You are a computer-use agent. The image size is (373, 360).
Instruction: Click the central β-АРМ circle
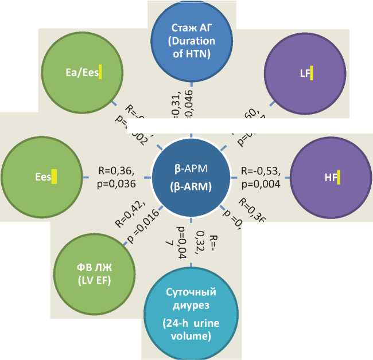pyautogui.click(x=191, y=178)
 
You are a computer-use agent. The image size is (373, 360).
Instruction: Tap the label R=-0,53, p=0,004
pyautogui.click(x=262, y=177)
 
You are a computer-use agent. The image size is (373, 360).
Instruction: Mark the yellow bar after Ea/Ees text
pyautogui.click(x=99, y=72)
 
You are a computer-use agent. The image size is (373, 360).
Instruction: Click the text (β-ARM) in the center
pyautogui.click(x=191, y=187)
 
